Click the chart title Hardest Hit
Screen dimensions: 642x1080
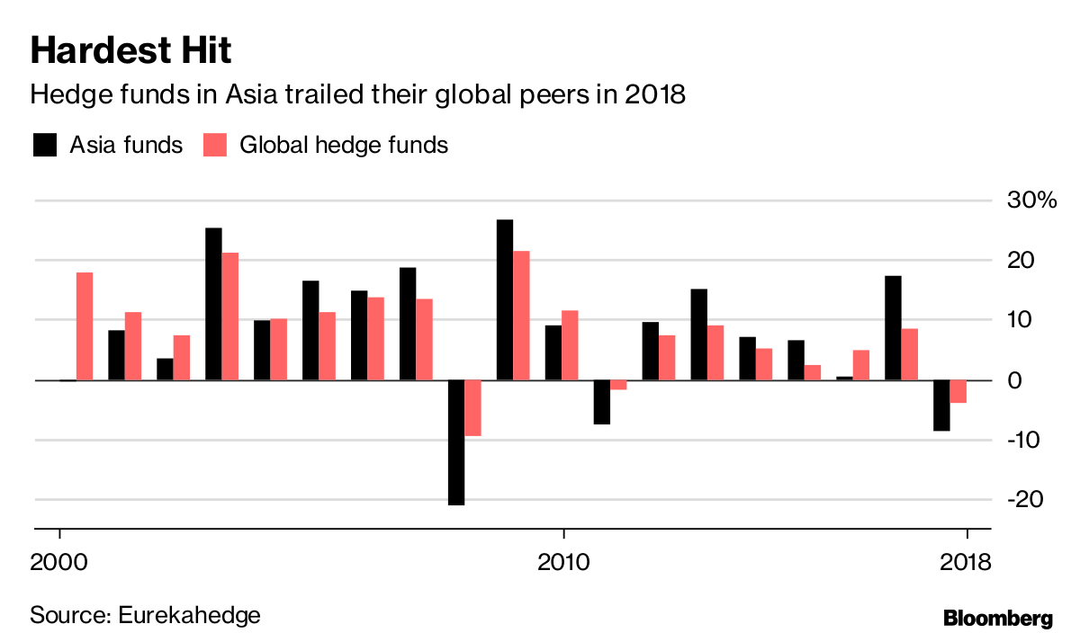click(130, 50)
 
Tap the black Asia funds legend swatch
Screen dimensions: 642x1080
click(43, 145)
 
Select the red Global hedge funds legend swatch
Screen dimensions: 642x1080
click(214, 145)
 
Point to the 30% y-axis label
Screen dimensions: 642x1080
click(1031, 201)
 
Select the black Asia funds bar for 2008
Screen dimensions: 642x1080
click(456, 441)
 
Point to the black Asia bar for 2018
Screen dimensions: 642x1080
click(941, 405)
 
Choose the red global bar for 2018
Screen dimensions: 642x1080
click(958, 391)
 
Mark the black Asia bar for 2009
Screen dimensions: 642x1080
click(505, 299)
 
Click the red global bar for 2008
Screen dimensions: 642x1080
click(472, 407)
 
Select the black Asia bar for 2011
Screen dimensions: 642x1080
click(602, 401)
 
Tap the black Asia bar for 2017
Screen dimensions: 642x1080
click(893, 327)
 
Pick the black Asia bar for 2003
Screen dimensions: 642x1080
click(213, 304)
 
